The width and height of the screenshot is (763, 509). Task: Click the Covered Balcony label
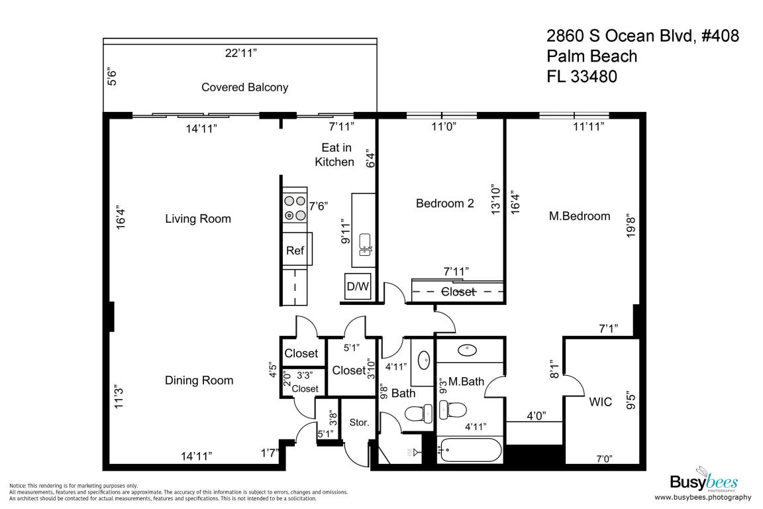245,87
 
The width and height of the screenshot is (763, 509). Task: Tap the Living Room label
198,219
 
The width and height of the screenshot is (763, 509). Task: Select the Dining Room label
199,380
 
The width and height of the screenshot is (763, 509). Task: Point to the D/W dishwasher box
358,286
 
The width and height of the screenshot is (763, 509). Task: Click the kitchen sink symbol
365,245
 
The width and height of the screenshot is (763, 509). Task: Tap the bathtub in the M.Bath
470,450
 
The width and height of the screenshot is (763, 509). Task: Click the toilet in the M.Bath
452,410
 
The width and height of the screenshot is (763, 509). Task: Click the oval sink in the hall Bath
424,361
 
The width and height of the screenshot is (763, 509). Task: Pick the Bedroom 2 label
445,203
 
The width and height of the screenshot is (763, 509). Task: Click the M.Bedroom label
580,216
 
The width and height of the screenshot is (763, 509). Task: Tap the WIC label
601,402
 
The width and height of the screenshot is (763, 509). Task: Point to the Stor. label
359,423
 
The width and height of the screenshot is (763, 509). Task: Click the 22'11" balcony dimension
241,52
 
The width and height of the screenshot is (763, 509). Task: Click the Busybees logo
704,481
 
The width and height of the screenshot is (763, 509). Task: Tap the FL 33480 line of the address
582,76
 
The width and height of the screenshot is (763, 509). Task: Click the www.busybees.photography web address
703,497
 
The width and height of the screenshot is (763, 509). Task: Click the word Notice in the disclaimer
17,486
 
